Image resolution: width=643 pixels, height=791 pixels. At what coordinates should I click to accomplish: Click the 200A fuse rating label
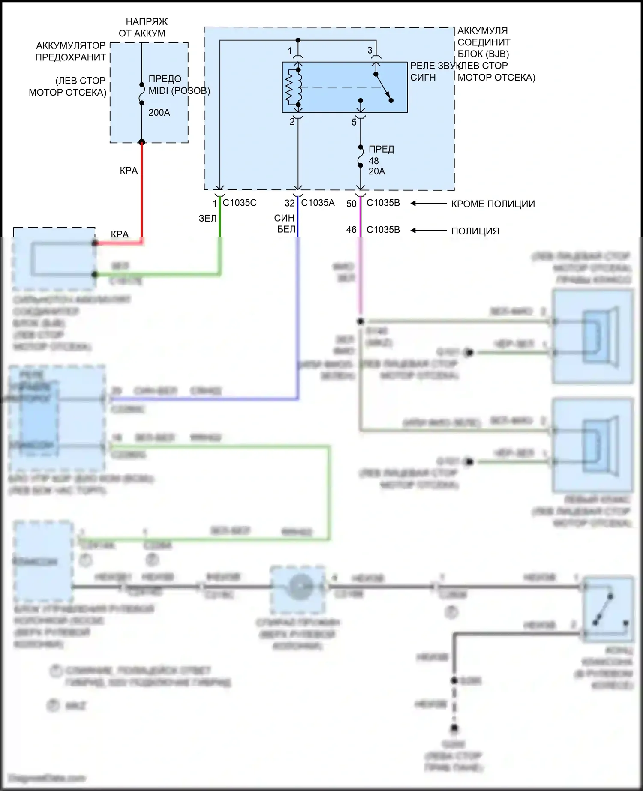tap(159, 113)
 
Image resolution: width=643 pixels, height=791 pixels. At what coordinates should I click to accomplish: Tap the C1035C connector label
tap(240, 203)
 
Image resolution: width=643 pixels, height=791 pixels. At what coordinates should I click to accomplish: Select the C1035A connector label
tap(318, 203)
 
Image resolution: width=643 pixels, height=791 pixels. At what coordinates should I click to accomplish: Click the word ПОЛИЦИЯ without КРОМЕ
tap(475, 231)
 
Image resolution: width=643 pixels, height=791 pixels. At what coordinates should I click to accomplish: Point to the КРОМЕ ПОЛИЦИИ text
tap(493, 204)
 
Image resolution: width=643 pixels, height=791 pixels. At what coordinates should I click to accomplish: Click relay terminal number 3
tap(370, 51)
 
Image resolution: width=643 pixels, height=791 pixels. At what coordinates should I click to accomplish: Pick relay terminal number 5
tap(354, 123)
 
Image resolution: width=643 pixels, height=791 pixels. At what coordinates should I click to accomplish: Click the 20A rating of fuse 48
tap(377, 171)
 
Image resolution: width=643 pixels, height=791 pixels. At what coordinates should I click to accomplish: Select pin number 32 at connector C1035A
tap(290, 203)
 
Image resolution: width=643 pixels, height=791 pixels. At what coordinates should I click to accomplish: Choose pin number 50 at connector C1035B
tap(352, 204)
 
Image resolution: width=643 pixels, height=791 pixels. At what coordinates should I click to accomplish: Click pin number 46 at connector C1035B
tap(352, 230)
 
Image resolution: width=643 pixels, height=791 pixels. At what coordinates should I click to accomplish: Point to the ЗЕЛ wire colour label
tap(208, 219)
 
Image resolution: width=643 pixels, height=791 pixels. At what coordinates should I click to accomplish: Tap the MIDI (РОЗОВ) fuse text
tap(179, 91)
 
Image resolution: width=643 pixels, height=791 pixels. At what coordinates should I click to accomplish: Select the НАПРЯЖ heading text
tap(147, 21)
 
